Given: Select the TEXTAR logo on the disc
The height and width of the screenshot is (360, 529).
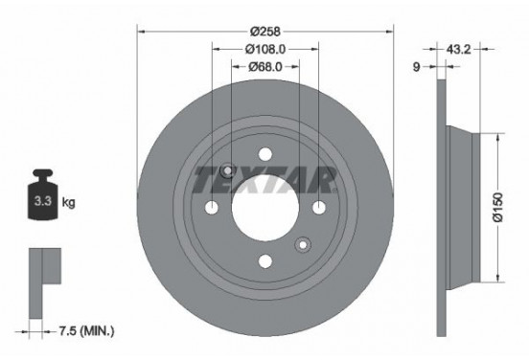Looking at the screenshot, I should [x=265, y=178].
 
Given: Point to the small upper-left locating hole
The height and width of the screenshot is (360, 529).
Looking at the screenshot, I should [x=228, y=170].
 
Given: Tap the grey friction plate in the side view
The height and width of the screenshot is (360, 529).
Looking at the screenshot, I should [x=442, y=206].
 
